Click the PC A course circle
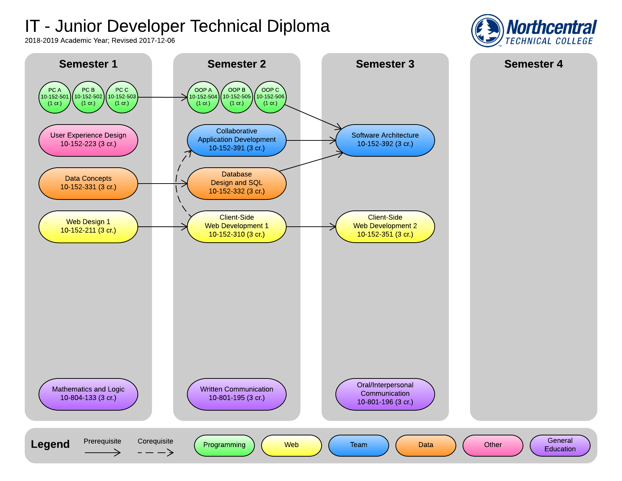point(55,97)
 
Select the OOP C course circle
point(270,97)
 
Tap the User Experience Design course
point(88,140)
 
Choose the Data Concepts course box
point(88,183)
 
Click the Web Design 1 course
point(88,226)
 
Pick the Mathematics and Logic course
point(88,394)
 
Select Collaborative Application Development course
point(237,140)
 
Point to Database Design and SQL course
point(237,183)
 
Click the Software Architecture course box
point(385,140)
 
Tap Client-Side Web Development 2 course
point(385,226)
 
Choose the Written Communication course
point(237,394)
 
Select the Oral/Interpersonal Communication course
point(385,394)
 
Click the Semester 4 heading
point(533,64)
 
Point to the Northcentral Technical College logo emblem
point(488,30)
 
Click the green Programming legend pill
point(224,445)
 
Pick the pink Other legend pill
point(493,445)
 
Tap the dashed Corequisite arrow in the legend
point(155,452)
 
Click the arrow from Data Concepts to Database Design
point(162,184)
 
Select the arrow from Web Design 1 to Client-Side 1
point(162,227)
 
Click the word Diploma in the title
point(298,27)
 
